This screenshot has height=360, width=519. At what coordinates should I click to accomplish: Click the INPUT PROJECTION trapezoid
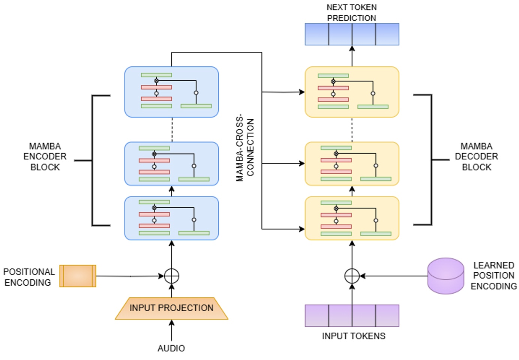click(171, 308)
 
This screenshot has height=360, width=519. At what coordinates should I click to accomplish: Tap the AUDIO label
click(171, 348)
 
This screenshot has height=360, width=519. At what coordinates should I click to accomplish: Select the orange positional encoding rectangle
click(78, 276)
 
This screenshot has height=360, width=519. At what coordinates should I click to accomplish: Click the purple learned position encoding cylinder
click(446, 276)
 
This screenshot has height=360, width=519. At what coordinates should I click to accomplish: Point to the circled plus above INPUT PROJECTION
click(171, 276)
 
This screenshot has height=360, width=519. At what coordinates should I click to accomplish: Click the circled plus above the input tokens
click(352, 276)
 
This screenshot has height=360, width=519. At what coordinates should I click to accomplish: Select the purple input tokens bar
click(352, 316)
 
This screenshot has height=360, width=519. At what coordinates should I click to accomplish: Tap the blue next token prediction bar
click(352, 34)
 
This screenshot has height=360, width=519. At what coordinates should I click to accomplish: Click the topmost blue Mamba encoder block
click(171, 92)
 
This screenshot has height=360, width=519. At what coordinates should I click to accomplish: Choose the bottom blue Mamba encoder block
click(171, 218)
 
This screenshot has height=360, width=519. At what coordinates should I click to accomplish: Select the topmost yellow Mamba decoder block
click(352, 92)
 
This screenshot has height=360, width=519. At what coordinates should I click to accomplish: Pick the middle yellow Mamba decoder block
click(352, 164)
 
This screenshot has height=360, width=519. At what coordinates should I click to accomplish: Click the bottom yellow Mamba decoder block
click(352, 218)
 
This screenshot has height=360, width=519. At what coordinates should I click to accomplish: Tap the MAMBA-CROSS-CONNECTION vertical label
click(245, 147)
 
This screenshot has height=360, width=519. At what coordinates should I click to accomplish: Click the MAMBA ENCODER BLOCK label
click(45, 157)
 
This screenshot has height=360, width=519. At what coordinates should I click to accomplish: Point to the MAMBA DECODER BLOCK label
click(476, 157)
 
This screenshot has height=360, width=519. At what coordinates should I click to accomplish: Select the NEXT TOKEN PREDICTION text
click(351, 12)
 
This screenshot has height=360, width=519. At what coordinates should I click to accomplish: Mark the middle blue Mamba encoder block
click(171, 164)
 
